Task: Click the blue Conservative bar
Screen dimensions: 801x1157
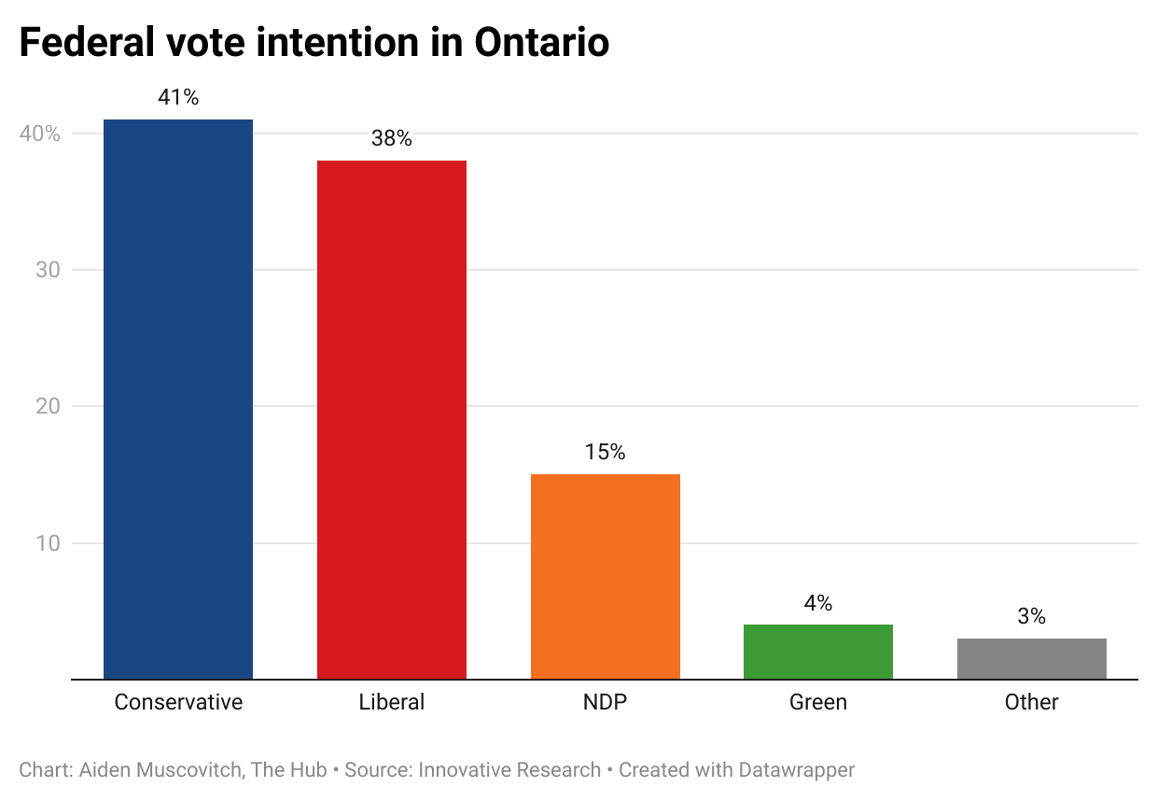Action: point(178,399)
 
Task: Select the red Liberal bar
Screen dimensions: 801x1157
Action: point(392,419)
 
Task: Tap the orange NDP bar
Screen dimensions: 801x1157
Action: point(606,576)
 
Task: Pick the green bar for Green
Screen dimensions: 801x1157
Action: point(818,652)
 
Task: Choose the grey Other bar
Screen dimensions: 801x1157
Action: point(1032,658)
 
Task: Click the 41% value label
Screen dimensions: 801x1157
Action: point(178,97)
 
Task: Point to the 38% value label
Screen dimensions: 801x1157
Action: point(392,138)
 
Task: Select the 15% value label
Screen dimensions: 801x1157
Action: point(606,452)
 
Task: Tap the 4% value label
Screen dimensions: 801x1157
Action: point(818,603)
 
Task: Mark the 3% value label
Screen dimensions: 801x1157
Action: point(1032,616)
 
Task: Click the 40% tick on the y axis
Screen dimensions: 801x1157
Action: point(40,133)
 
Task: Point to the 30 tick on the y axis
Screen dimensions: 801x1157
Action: point(48,270)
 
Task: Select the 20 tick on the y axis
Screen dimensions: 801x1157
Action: point(48,406)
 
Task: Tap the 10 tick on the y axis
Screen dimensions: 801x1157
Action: point(48,543)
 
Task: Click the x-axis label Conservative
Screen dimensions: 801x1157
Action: point(178,702)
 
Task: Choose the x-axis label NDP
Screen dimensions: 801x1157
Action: point(606,702)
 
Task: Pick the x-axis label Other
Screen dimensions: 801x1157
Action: point(1032,702)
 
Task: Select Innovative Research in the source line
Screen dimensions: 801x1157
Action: point(509,770)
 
